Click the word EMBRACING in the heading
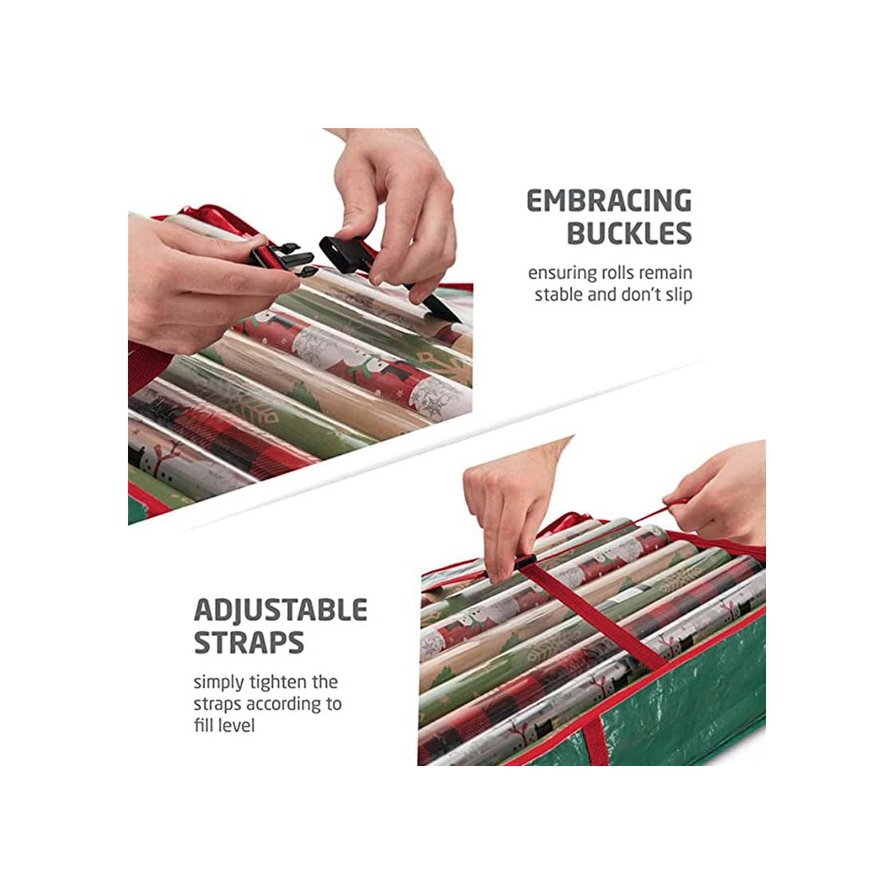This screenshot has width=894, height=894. coord(609,201)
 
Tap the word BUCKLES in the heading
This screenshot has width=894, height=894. coord(630,233)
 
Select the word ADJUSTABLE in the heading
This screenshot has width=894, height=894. coord(280,610)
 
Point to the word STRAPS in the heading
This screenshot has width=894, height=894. coord(248,643)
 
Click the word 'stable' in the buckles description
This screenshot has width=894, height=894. coord(559,295)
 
